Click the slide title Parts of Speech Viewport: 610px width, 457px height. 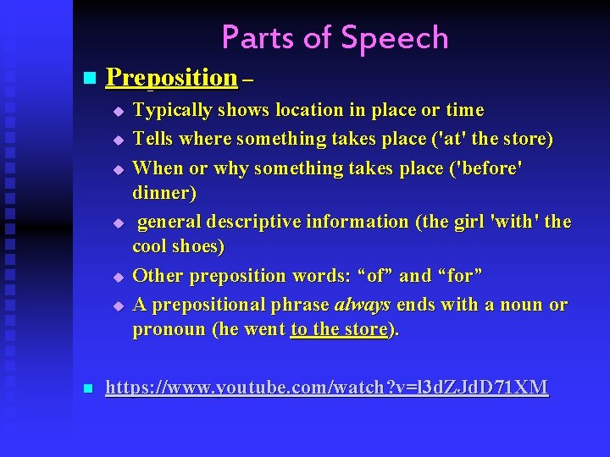(335, 37)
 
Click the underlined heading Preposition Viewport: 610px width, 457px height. (171, 78)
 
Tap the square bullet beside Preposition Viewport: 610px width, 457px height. (87, 79)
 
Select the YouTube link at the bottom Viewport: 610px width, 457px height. (326, 388)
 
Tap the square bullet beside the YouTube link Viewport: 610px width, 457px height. (87, 389)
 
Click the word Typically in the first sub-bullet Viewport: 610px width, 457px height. (172, 110)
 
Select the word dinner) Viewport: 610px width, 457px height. (164, 193)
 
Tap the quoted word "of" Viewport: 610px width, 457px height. (375, 276)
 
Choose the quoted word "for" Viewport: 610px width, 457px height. (460, 276)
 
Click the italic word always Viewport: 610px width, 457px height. (363, 305)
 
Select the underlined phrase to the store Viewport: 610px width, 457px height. (338, 330)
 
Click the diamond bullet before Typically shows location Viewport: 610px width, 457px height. (119, 111)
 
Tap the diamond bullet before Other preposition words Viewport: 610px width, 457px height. (119, 277)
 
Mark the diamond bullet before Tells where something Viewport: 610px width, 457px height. (119, 139)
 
